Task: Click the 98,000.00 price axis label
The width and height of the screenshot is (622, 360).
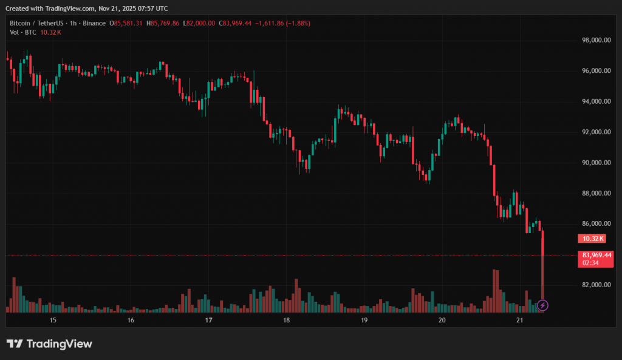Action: (595, 40)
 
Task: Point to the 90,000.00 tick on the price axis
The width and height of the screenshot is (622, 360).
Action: (595, 163)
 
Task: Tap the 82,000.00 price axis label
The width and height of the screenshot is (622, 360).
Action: (595, 285)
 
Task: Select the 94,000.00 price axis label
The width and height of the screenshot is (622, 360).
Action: (595, 101)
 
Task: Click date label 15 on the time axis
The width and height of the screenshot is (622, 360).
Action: (53, 320)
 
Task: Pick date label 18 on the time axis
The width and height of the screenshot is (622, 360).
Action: (286, 320)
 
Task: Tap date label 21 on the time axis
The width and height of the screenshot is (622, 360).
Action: (519, 320)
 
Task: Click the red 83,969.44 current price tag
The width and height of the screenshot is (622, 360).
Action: (596, 255)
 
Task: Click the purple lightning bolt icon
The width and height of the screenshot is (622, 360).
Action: (543, 305)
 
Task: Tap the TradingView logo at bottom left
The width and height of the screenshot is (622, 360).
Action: (49, 344)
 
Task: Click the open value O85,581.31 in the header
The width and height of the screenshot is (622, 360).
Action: (126, 23)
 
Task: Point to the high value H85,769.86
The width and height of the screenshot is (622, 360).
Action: (165, 23)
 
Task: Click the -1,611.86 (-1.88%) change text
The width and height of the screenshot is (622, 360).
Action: (283, 23)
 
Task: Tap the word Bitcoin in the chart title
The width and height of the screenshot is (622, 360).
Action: (21, 23)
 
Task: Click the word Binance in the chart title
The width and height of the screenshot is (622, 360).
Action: (92, 23)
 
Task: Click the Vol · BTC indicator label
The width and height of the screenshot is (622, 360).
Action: (23, 32)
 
